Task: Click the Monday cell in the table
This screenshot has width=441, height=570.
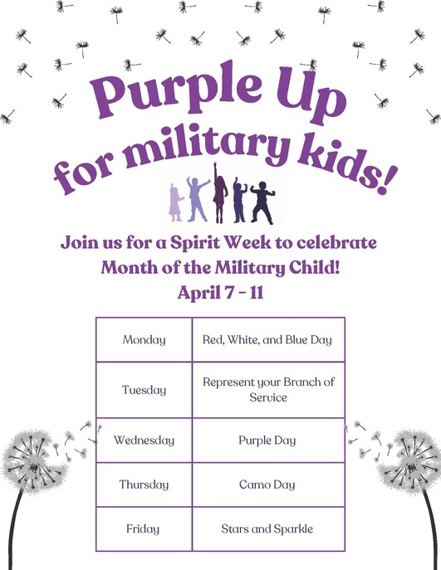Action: click(x=144, y=339)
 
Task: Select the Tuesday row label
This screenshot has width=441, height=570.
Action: click(x=144, y=390)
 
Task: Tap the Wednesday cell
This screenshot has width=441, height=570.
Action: click(x=144, y=441)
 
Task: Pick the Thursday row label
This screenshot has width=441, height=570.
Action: click(x=144, y=485)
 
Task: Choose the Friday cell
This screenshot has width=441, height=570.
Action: click(x=144, y=529)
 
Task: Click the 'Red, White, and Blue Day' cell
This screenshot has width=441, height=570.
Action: click(x=268, y=339)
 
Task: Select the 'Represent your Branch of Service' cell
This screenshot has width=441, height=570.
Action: click(x=268, y=390)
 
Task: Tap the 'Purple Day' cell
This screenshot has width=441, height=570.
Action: click(x=268, y=441)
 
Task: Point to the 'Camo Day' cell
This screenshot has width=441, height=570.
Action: click(x=268, y=485)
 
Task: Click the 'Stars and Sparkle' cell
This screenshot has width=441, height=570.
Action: click(x=268, y=529)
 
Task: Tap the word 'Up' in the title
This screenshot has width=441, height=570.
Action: click(x=311, y=99)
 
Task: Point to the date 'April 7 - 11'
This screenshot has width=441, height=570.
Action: click(x=219, y=292)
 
